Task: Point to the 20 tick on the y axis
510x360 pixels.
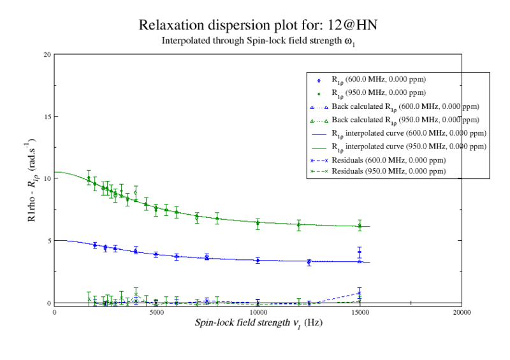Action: [47, 55]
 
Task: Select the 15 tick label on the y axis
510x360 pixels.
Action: [47, 117]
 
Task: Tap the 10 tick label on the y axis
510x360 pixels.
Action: [47, 179]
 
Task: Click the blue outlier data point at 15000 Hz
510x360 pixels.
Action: [360, 252]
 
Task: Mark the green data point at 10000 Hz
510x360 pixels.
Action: [258, 223]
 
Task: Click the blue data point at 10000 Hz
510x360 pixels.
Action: [258, 260]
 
